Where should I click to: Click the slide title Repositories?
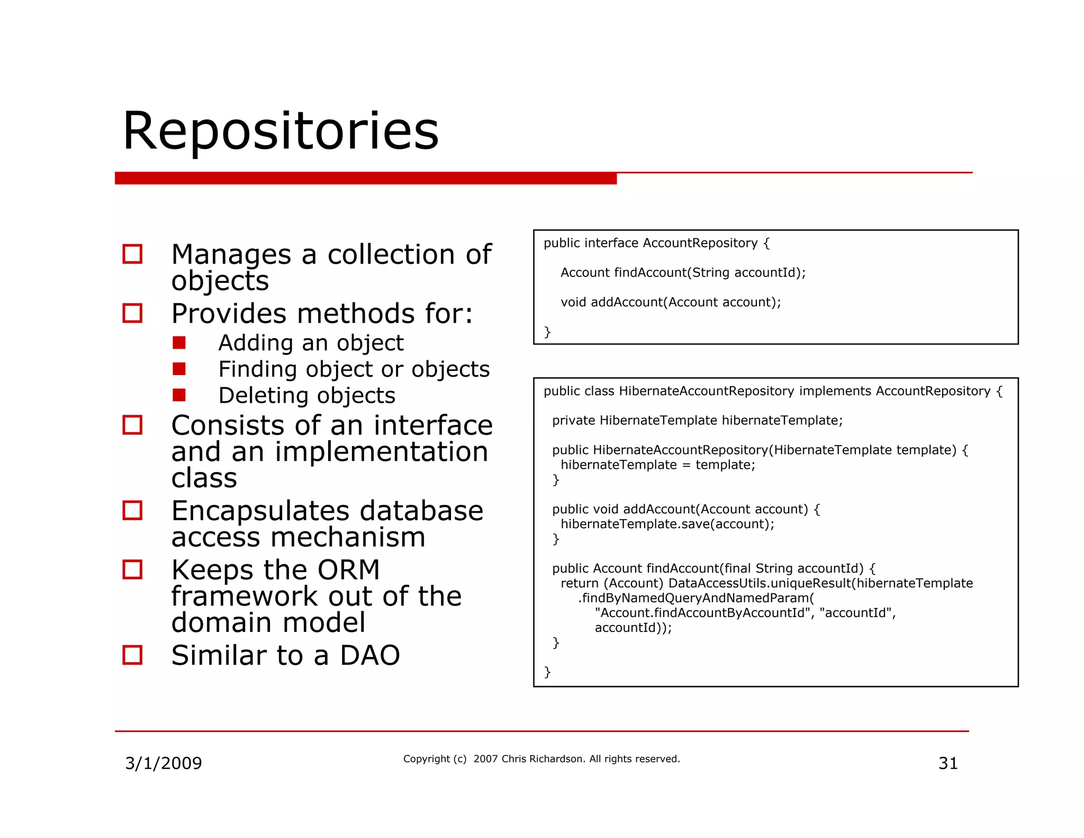coord(281,131)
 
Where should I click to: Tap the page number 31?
coord(948,763)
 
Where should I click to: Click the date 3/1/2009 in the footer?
coord(163,763)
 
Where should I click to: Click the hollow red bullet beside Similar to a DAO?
coord(132,655)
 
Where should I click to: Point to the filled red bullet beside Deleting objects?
coord(179,395)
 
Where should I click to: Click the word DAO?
coord(369,656)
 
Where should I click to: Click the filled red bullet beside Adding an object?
coord(179,343)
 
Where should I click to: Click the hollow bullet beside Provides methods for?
coord(132,313)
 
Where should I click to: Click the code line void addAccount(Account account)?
coord(671,302)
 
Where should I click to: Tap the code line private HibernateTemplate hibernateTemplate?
coord(697,421)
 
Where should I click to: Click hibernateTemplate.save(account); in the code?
coord(667,524)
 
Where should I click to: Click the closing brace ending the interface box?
coord(547,332)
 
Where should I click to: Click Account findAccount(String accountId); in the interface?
coord(683,273)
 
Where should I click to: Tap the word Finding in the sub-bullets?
coord(259,370)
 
